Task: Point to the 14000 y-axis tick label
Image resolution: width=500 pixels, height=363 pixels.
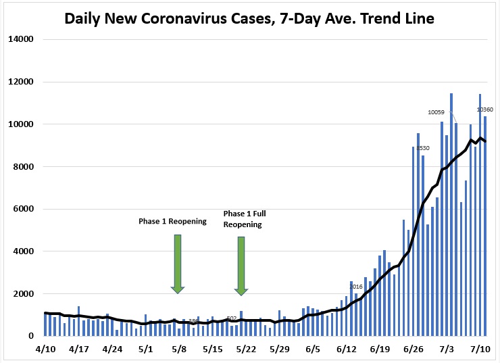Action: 21,39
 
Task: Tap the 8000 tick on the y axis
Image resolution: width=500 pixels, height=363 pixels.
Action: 24,166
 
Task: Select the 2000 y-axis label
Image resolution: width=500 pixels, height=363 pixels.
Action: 24,293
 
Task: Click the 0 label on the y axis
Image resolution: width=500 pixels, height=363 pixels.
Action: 31,336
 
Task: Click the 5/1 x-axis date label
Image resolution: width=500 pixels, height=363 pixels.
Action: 145,349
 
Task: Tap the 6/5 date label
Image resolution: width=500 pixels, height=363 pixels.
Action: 312,349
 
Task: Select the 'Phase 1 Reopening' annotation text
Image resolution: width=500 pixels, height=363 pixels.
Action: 172,221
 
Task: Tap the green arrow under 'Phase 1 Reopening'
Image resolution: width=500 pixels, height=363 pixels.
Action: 178,263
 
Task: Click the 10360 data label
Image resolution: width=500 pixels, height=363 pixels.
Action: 485,110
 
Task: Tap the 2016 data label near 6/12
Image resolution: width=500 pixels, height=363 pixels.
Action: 355,287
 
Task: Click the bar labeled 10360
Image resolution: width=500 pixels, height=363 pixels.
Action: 484,223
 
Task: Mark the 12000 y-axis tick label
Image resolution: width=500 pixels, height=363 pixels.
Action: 21,82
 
